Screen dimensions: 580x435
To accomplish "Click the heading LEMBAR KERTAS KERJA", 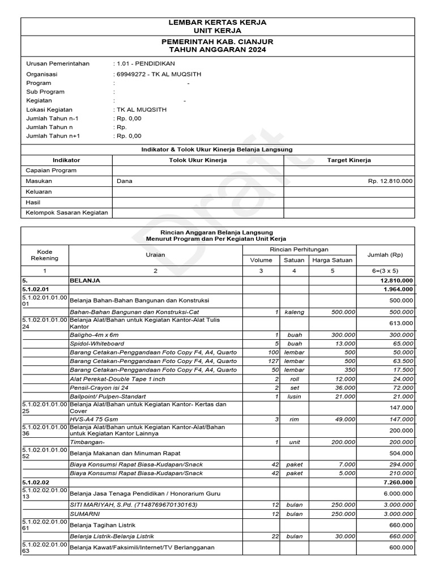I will point(217,22).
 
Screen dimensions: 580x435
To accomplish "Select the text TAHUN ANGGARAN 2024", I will point(217,50).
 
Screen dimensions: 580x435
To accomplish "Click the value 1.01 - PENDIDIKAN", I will point(138,64).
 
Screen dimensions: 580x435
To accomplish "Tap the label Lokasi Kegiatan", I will point(49,109).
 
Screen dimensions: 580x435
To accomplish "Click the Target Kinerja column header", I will point(349,160).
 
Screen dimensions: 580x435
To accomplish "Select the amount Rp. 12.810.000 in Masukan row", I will point(390,181).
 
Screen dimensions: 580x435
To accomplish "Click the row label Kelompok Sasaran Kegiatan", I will point(66,213).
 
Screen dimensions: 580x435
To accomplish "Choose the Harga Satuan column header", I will point(332,260).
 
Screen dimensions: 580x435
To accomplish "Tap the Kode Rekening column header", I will point(45,254).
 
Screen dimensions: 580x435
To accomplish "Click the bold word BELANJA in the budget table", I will point(85,280).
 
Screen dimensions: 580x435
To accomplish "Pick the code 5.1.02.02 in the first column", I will point(36,482).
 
